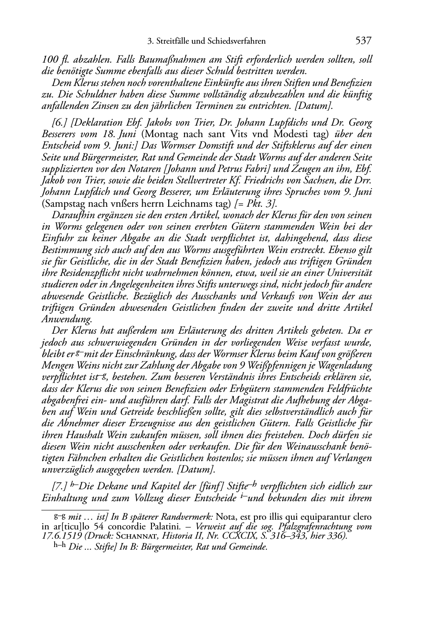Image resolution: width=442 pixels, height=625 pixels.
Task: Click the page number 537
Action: tap(363, 41)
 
